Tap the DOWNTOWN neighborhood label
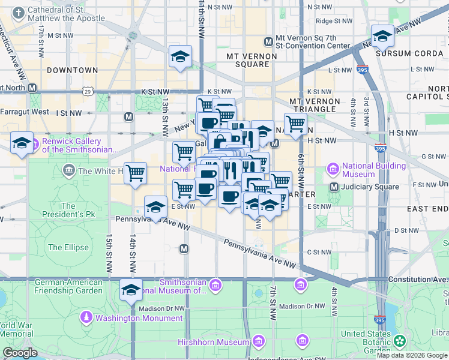pos(72,70)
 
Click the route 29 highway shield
pos(88,92)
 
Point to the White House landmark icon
pos(70,171)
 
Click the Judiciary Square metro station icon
pos(334,187)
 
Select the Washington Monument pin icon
pos(87,317)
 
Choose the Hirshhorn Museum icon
pos(258,341)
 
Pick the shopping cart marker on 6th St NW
pos(295,124)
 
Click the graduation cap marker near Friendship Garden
pos(131,290)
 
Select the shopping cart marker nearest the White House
pos(136,173)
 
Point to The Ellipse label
pos(68,247)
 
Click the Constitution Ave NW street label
pos(418,280)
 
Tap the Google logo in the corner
pos(20,353)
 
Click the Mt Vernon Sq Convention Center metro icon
pos(268,41)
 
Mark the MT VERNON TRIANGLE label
pos(315,105)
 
